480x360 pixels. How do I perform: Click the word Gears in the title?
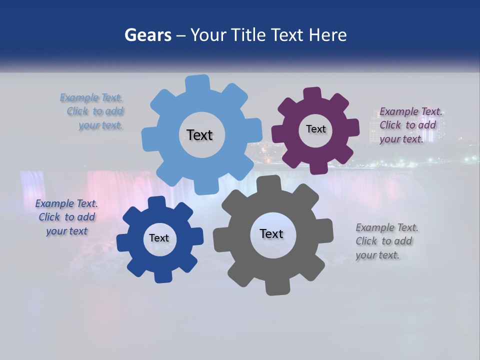(147, 35)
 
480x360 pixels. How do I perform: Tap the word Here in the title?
(327, 35)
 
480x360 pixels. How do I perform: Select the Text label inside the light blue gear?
(199, 135)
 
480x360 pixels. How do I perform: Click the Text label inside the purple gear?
(315, 129)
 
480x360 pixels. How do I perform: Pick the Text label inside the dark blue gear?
(159, 238)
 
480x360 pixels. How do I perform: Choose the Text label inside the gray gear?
(271, 233)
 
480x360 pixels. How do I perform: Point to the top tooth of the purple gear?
(312, 94)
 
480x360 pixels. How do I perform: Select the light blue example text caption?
(92, 111)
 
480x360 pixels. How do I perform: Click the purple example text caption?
(410, 125)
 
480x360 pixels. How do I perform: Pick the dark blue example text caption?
(66, 217)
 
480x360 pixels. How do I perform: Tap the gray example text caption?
(386, 241)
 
